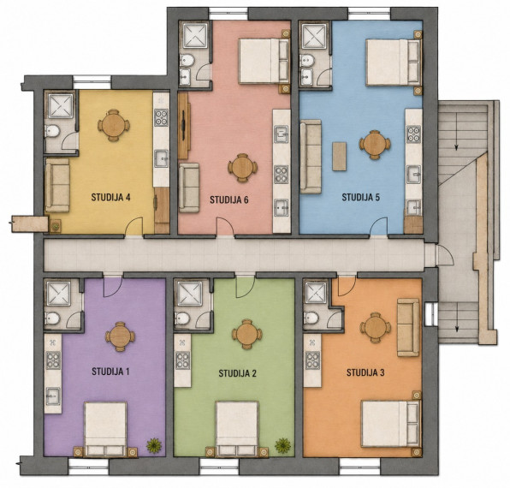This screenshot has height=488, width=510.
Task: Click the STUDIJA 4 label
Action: point(110,198)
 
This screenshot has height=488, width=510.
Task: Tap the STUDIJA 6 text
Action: point(229,199)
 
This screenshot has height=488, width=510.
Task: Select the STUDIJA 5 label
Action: point(361,198)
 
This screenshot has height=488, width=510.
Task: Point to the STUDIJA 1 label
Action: point(110,372)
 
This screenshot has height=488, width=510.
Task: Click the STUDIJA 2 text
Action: point(237,373)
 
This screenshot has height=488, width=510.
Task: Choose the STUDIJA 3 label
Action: point(365,372)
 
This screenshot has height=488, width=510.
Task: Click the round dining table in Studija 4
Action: point(114,125)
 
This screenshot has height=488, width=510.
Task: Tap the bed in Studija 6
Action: point(264,61)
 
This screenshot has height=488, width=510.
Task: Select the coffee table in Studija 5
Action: point(339,156)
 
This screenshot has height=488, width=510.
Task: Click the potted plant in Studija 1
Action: point(154,445)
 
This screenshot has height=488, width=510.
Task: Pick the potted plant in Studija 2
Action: point(283,445)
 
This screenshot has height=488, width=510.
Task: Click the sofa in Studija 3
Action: point(408,327)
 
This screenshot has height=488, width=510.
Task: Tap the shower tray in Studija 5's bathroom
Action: point(315,36)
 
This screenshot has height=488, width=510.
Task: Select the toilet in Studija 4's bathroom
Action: point(52,132)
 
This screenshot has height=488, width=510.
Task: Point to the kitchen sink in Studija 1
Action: point(53,396)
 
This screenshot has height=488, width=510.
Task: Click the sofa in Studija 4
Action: point(57,186)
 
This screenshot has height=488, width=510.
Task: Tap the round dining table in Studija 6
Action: point(242,168)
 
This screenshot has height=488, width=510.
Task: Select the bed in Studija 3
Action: point(390,425)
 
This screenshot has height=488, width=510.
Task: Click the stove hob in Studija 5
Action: point(413,134)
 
